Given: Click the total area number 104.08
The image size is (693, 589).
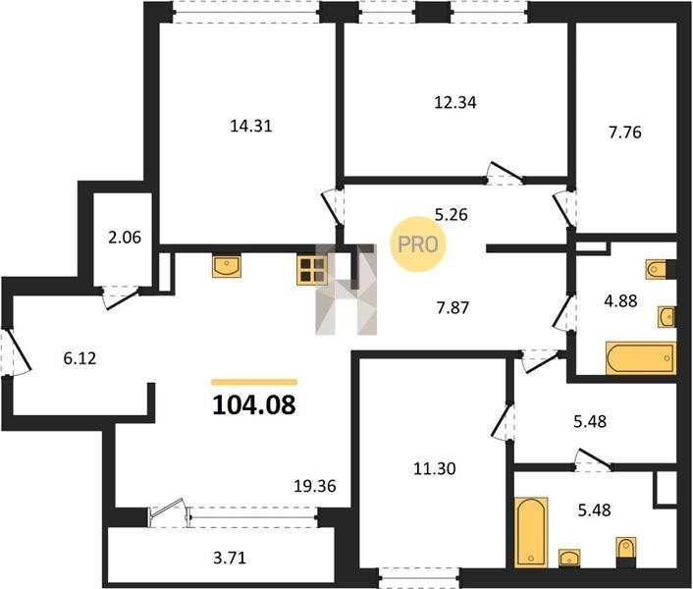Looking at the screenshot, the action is pos(253,404).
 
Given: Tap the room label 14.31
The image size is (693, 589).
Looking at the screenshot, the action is pos(251,127).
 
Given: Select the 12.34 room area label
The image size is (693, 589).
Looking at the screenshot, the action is pos(455,102).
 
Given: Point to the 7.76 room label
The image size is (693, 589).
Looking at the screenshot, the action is pos(625,133).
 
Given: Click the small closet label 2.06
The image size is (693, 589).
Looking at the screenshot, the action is pos(125,238).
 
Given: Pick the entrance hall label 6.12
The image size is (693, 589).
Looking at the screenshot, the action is pos(80,358).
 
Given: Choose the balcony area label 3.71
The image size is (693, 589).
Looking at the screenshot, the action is pos(230,558).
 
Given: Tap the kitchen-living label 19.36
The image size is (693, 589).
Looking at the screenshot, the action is pos(315,486).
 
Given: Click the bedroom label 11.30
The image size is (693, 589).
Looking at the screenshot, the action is pos(435,468).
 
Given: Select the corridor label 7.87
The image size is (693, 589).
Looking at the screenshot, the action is pos(453,307).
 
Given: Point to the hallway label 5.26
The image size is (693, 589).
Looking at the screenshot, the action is pos(452,215).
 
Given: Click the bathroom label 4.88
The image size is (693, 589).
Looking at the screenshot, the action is pos(621,301).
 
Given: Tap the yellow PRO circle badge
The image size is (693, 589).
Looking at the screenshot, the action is pos(418,244).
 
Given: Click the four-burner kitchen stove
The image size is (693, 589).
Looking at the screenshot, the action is pos(311,270).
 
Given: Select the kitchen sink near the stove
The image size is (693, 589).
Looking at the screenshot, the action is pos(227,265).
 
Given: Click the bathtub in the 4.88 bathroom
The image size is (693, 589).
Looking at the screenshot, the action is pos(640,358).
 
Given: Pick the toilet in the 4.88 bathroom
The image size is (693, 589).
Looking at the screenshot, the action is pos(656,270).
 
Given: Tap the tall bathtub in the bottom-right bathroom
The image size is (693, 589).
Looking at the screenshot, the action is pos(531,532).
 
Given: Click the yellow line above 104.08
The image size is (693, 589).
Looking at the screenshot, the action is pos(254,382).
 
